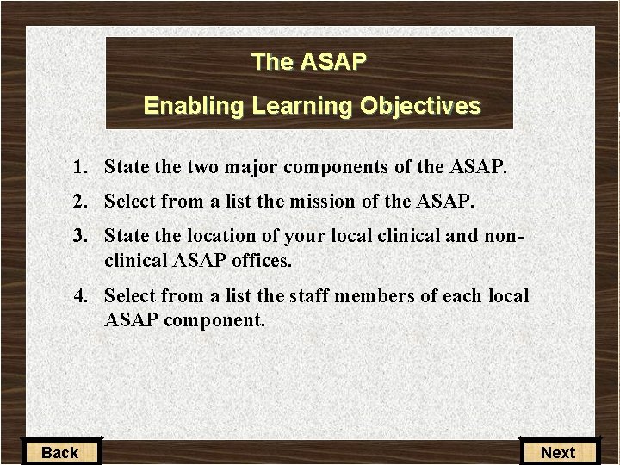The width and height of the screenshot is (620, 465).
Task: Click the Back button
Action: (59, 452)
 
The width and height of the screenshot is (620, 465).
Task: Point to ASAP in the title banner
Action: (333, 62)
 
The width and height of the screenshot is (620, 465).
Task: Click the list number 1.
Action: (80, 167)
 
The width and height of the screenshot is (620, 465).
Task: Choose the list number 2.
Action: (80, 201)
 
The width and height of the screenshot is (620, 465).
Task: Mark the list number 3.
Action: (80, 236)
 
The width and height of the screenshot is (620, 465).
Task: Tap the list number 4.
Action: (80, 296)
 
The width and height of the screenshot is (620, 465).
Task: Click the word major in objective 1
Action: (251, 167)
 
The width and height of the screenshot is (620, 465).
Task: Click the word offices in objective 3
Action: (262, 259)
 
